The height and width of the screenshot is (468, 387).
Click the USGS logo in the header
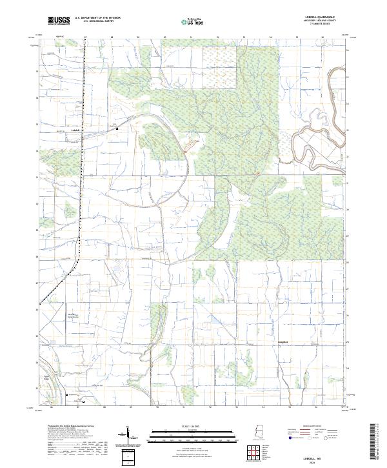coord(59,20)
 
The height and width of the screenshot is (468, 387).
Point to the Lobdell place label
coord(75,130)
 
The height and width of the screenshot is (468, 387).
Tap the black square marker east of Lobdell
coord(117,129)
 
